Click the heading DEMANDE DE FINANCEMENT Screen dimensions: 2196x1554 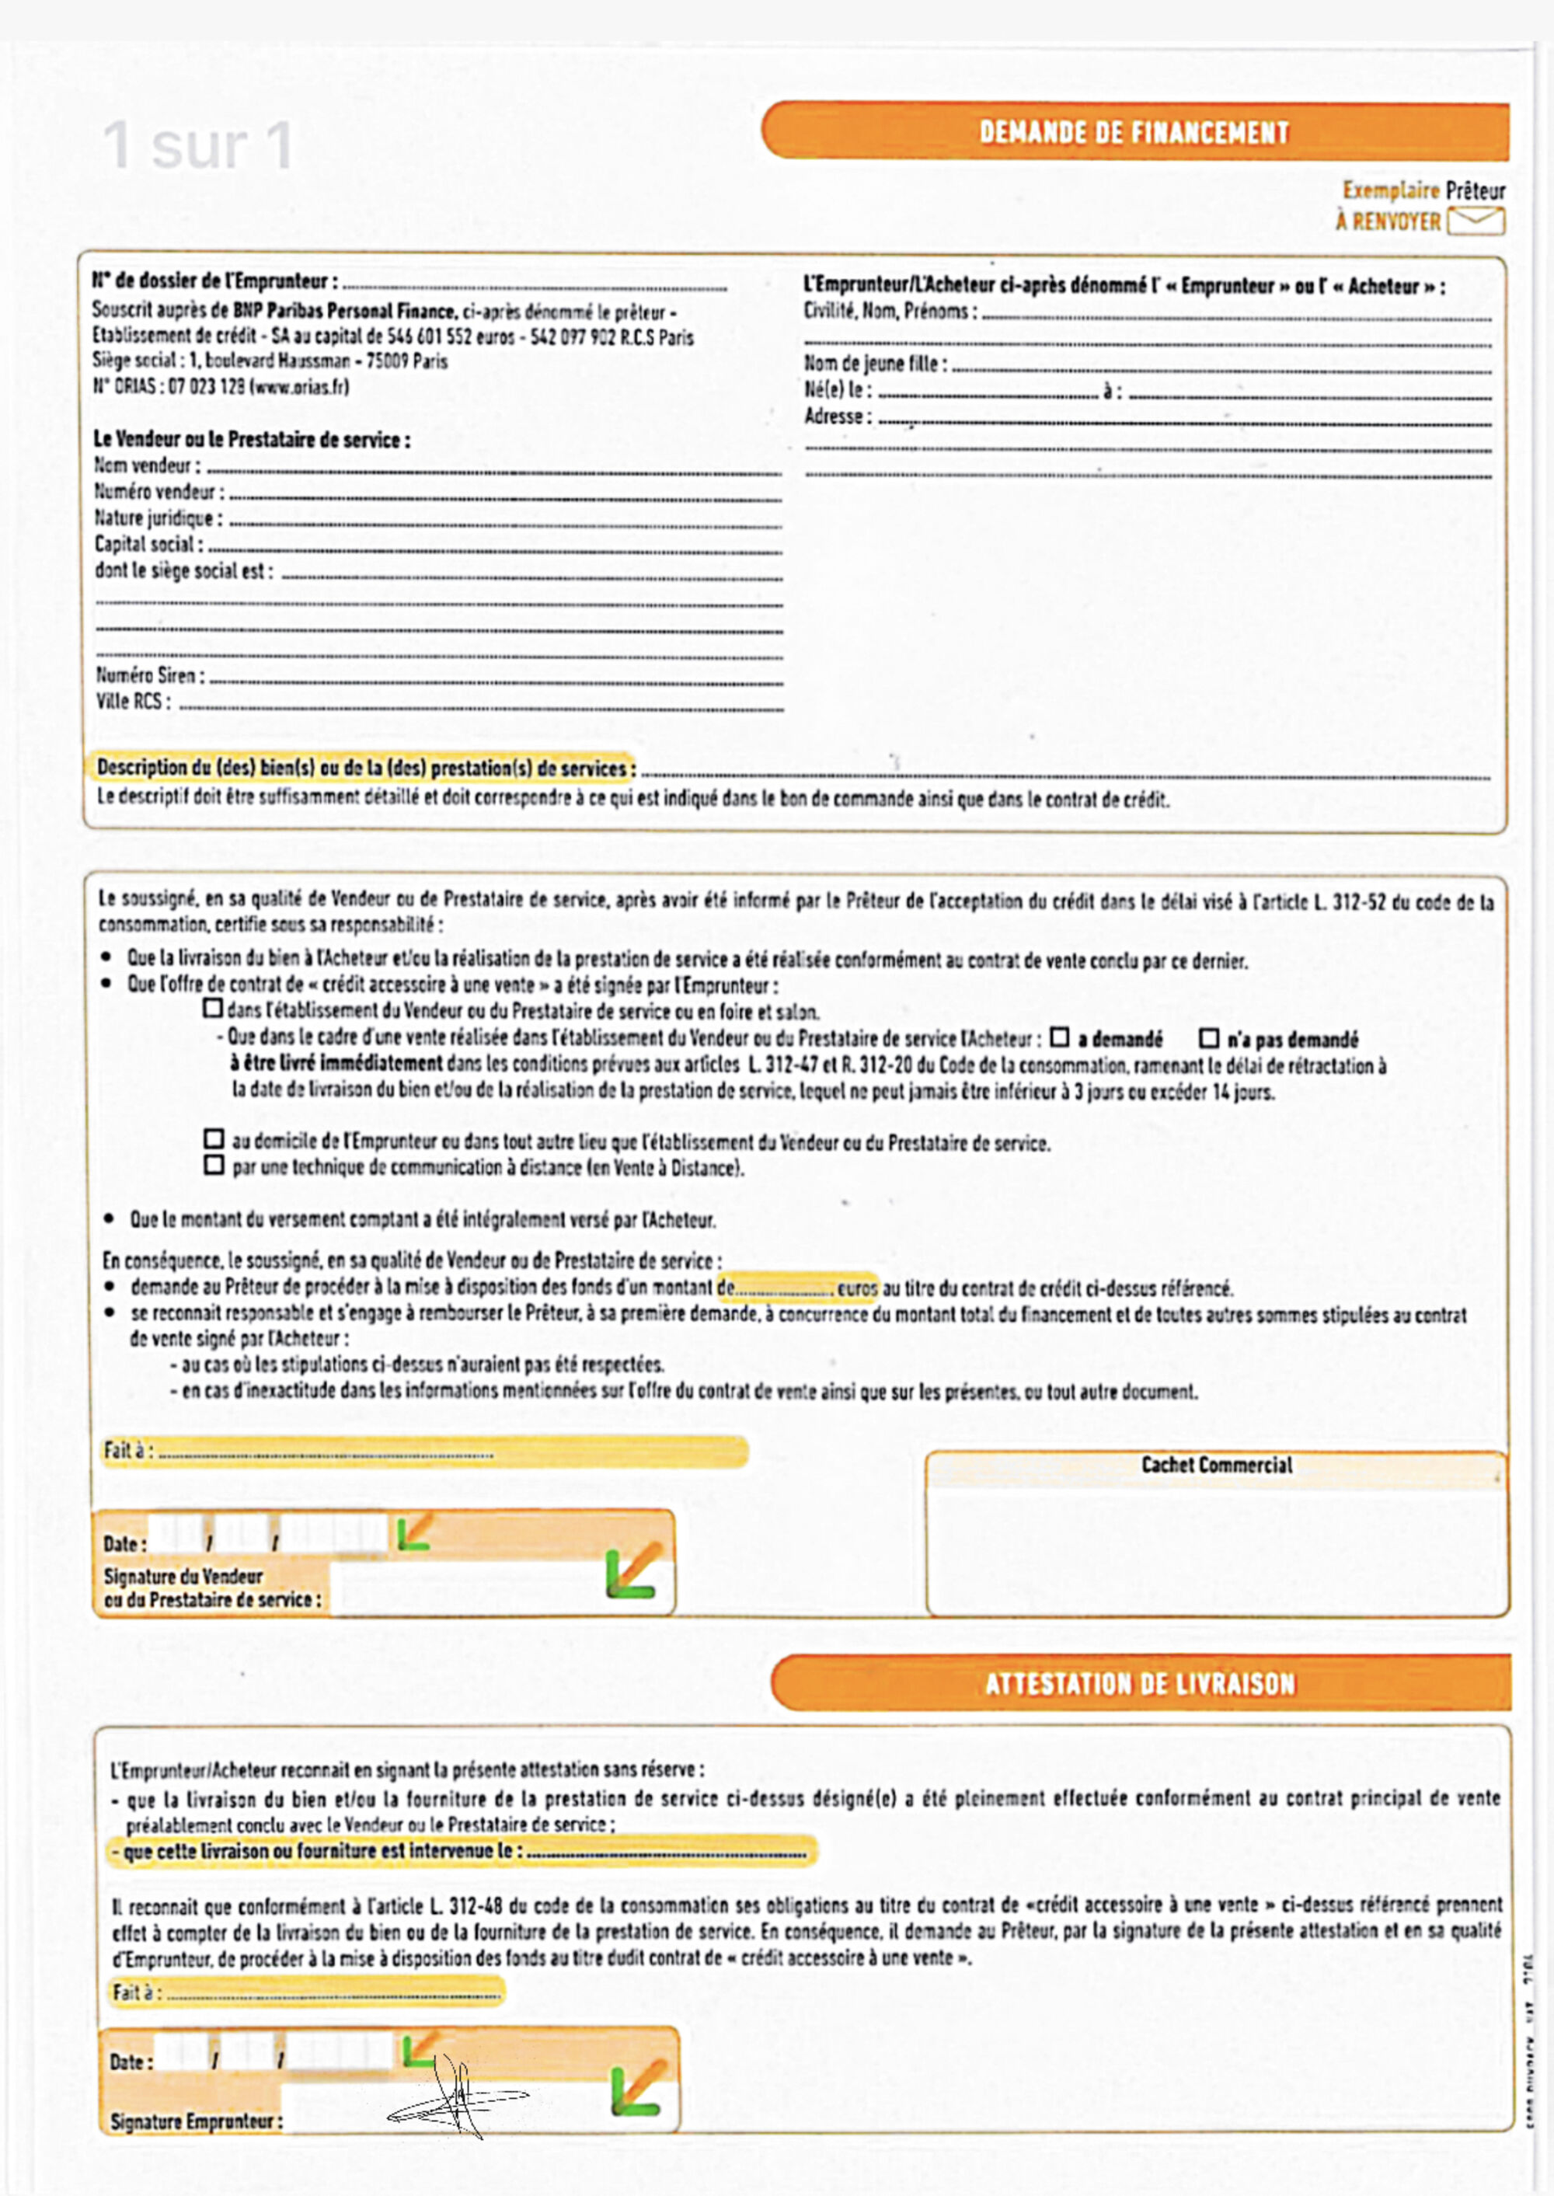pos(1134,132)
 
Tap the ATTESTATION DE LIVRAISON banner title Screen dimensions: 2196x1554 pos(1140,1683)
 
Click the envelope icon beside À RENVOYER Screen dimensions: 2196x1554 pos(1476,221)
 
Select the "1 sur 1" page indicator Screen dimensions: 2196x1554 pos(198,145)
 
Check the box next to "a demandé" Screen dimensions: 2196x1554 pos(1059,1037)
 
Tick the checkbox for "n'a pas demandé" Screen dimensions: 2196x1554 pos(1210,1038)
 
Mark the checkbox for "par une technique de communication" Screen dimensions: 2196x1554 pos(214,1166)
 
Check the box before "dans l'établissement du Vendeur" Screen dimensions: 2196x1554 pos(212,1009)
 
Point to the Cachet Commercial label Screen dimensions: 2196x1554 pos(1216,1465)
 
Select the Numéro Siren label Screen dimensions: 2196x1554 pos(149,675)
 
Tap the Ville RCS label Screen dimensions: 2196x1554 pos(133,702)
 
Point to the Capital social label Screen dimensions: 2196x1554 pos(148,545)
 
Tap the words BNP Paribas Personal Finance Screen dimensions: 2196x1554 pos(343,311)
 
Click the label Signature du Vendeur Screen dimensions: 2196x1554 pos(183,1576)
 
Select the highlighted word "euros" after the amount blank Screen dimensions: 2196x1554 pos(856,1288)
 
